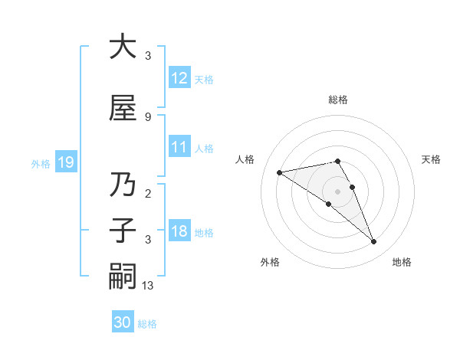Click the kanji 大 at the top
123,47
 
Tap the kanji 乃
123,185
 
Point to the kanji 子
123,231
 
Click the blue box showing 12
179,78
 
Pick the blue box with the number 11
179,147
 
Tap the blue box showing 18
179,231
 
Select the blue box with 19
65,162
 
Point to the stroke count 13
148,286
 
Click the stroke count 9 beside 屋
148,116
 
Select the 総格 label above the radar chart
337,100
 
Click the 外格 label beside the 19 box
40,163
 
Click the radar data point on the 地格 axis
374,242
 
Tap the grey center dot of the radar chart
337,191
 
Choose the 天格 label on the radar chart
431,159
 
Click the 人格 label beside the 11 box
204,148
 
